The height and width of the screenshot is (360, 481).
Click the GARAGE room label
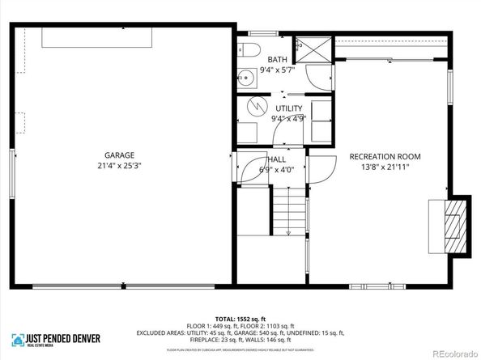(118, 155)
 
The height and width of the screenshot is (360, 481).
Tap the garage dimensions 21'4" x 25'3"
(118, 167)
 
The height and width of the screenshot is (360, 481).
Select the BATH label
(278, 60)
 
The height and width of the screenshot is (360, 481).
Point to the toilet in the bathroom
(249, 48)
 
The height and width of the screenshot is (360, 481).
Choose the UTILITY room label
(288, 108)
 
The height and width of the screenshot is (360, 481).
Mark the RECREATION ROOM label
(385, 156)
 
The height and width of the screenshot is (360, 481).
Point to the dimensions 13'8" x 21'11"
(385, 167)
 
